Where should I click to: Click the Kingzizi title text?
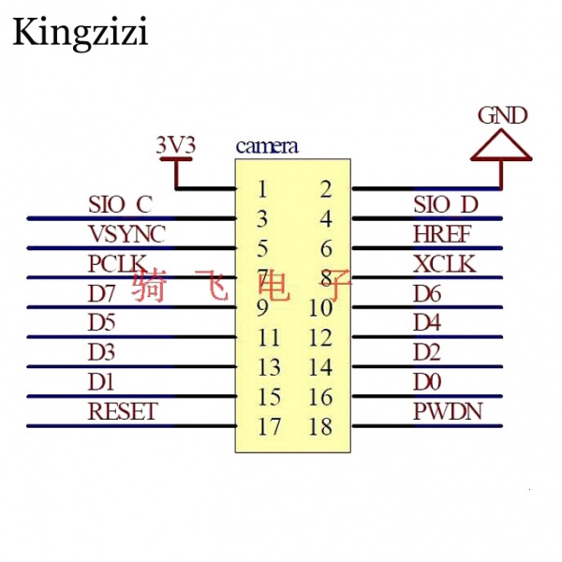[80, 33]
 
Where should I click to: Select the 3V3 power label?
[175, 145]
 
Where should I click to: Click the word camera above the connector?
[267, 146]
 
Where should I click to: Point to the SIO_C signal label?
[120, 203]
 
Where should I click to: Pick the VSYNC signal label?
[126, 233]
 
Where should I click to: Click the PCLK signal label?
[118, 263]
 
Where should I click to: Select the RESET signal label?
[123, 411]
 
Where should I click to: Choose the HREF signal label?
[442, 233]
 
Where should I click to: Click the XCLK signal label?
[444, 263]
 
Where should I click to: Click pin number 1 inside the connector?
[262, 189]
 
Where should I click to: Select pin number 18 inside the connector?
[320, 427]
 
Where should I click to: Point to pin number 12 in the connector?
[320, 337]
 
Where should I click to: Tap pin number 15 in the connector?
[269, 397]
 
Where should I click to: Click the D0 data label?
[428, 382]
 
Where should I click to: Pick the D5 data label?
[102, 323]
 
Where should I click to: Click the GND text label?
[502, 115]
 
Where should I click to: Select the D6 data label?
[428, 293]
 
